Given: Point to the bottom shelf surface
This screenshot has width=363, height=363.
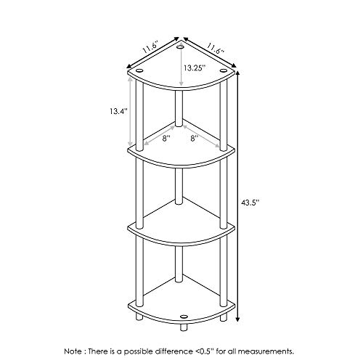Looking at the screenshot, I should pyautogui.click(x=181, y=305).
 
